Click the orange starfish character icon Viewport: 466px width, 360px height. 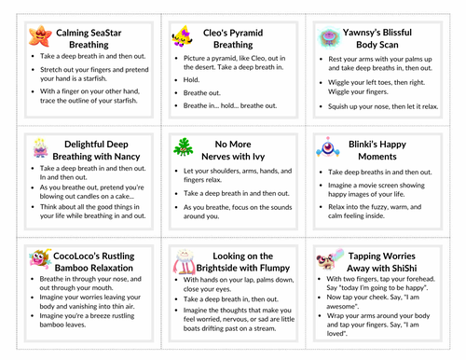(x=39, y=37)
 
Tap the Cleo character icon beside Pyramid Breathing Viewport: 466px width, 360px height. (x=181, y=37)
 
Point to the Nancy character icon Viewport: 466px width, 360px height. (x=40, y=148)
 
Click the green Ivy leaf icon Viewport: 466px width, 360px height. (x=183, y=148)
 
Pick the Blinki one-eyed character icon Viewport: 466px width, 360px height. (x=328, y=147)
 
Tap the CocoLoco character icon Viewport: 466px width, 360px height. (x=40, y=258)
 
